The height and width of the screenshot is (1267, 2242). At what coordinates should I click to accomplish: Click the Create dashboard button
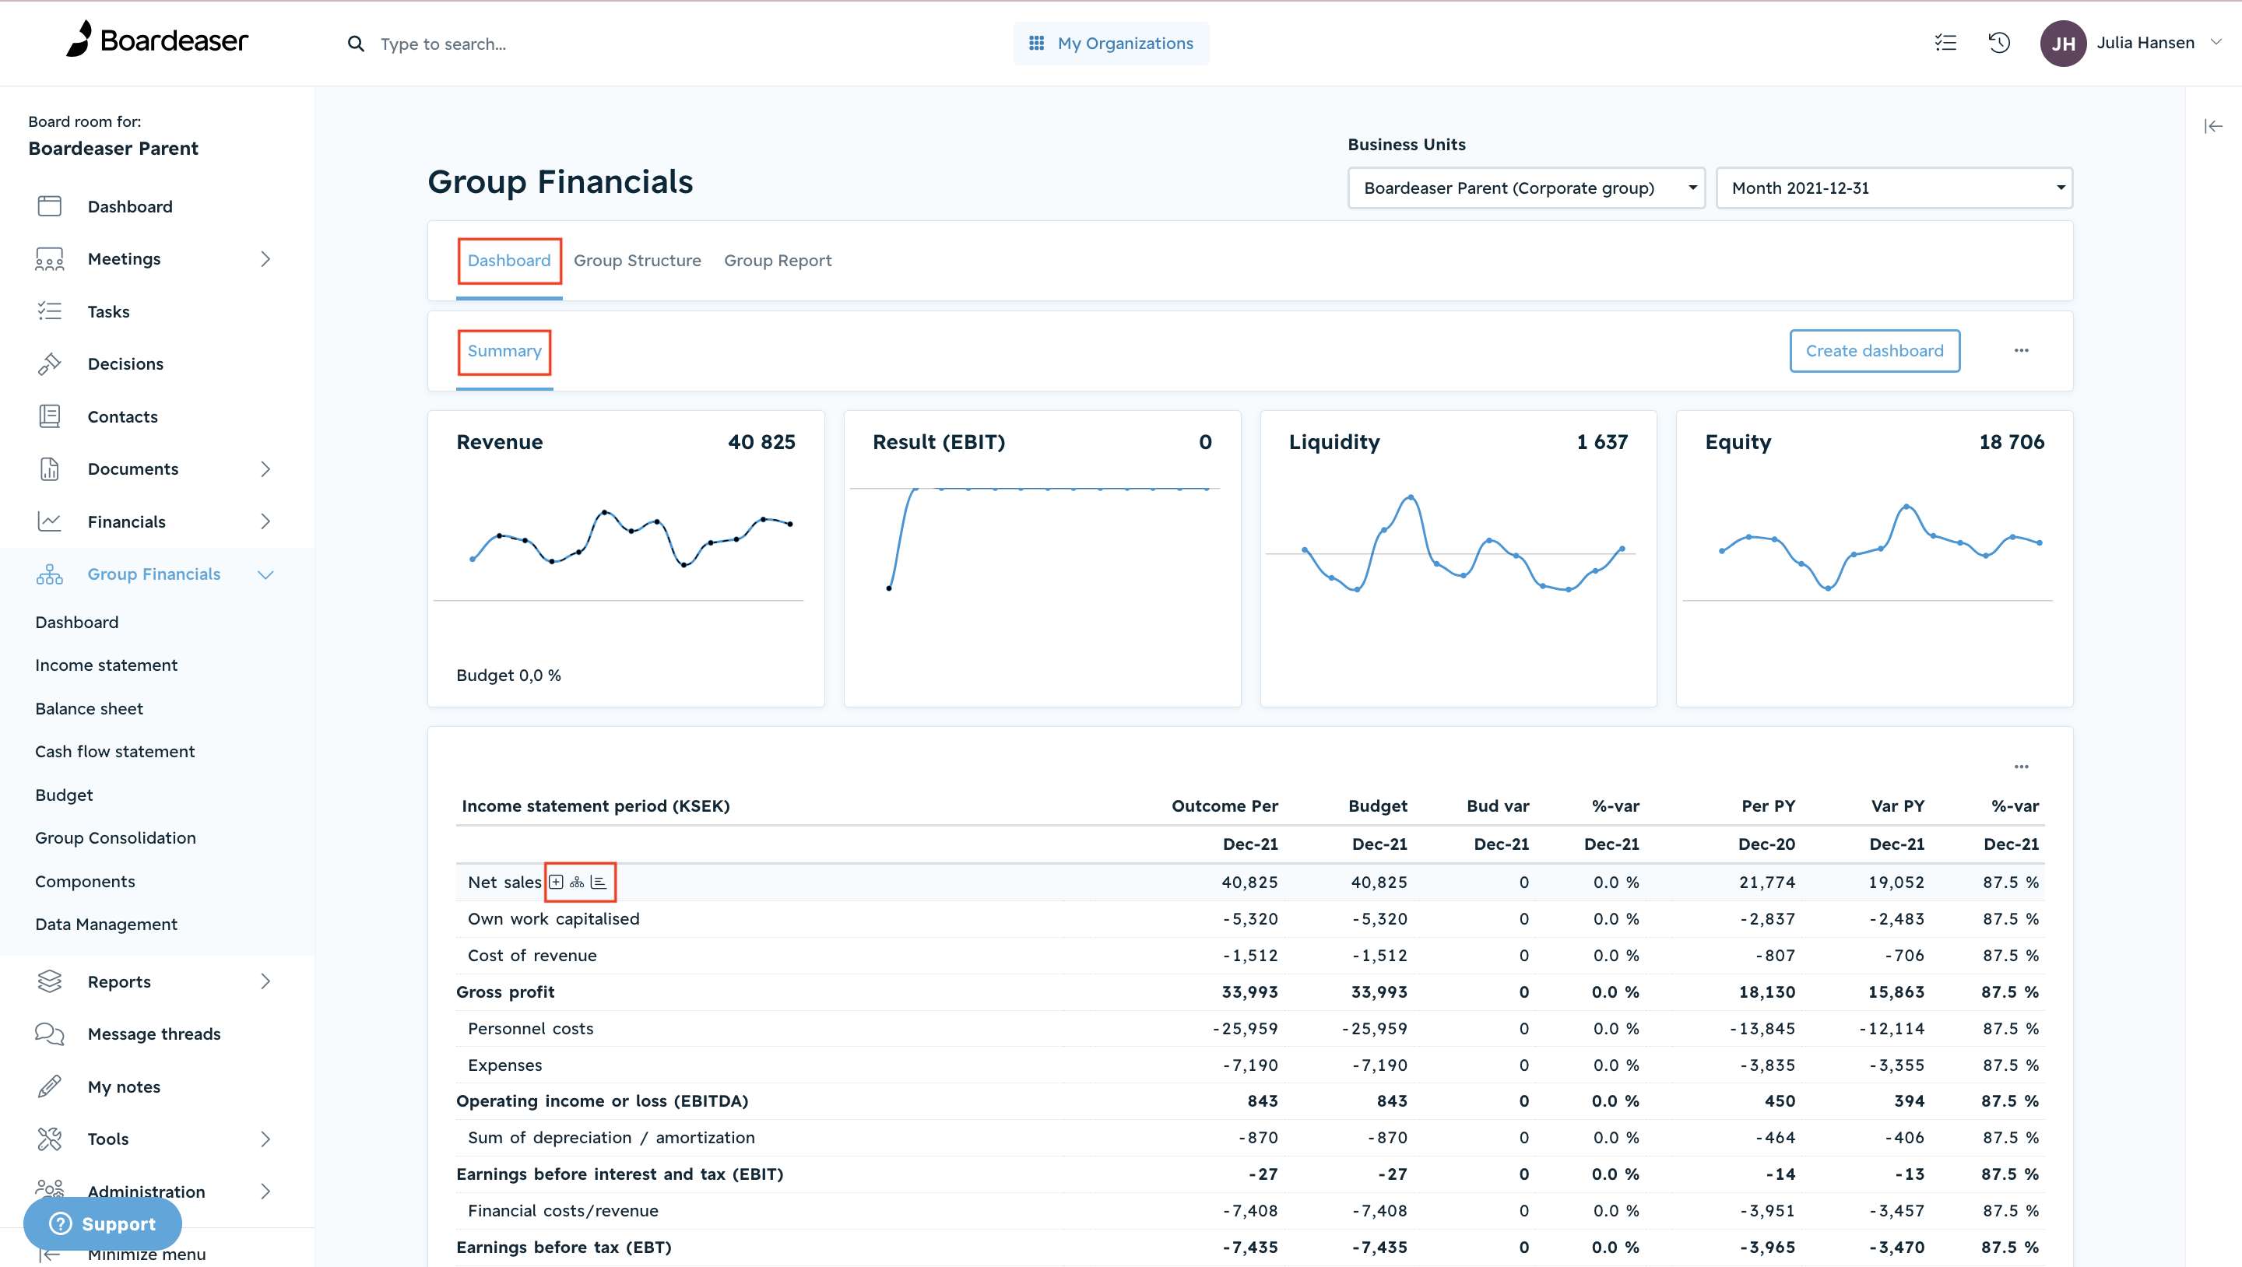click(x=1874, y=351)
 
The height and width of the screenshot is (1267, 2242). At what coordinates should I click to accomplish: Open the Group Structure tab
click(x=637, y=260)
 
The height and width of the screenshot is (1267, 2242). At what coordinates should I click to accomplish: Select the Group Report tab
click(x=777, y=260)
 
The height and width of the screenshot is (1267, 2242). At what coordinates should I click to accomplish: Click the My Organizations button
click(x=1111, y=44)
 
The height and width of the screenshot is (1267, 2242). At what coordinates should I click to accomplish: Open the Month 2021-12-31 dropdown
click(x=1894, y=188)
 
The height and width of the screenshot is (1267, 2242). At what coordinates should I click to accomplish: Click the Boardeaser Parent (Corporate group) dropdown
click(x=1526, y=188)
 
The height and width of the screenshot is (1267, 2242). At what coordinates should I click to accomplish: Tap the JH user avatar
click(x=2063, y=44)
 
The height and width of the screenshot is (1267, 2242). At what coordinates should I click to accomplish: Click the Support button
click(x=103, y=1223)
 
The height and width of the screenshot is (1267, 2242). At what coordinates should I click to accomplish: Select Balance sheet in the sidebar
click(x=90, y=708)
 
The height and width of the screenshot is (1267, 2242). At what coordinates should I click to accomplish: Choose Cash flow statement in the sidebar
click(x=115, y=751)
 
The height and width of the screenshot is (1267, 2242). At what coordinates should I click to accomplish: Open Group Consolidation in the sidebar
click(x=116, y=837)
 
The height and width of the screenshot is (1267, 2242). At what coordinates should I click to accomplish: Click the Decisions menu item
click(x=125, y=363)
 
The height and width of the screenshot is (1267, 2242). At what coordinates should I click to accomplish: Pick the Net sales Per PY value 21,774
click(x=1767, y=883)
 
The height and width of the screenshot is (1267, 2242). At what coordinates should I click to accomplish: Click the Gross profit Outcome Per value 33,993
click(x=1249, y=992)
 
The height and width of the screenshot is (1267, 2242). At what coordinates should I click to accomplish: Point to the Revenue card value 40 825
click(x=761, y=442)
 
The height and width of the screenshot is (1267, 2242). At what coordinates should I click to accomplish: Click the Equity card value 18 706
click(x=2012, y=442)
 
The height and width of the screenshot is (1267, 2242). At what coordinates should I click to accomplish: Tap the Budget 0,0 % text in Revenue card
click(x=509, y=676)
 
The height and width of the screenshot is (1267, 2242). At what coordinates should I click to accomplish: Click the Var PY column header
click(x=1897, y=805)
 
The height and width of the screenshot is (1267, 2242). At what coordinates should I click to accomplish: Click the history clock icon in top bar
click(x=1999, y=43)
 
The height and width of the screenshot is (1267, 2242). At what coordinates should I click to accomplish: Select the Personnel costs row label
click(x=531, y=1029)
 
